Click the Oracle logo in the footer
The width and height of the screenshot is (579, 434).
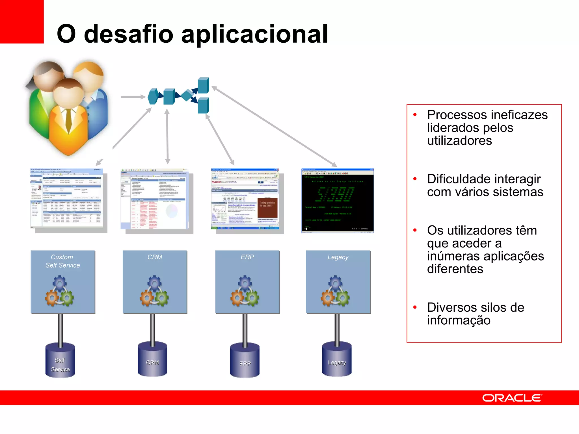point(512,398)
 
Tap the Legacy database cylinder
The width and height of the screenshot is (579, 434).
point(337,360)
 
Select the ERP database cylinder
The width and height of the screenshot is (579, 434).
point(245,361)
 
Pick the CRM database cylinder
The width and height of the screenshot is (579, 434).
point(152,360)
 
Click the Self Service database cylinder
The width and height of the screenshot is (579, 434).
point(60,361)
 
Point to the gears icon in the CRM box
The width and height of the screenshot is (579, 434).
point(154,291)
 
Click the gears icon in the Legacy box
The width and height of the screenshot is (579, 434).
point(335,291)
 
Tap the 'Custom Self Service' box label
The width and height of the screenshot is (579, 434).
point(62,261)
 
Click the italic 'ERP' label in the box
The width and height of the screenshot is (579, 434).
point(247,257)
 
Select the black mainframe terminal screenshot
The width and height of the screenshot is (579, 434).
point(338,201)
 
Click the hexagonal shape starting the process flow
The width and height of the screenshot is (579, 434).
point(153,97)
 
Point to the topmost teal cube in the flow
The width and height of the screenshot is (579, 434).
point(203,85)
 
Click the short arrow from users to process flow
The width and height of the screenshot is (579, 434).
point(133,97)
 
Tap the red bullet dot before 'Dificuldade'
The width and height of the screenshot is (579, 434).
point(415,179)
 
